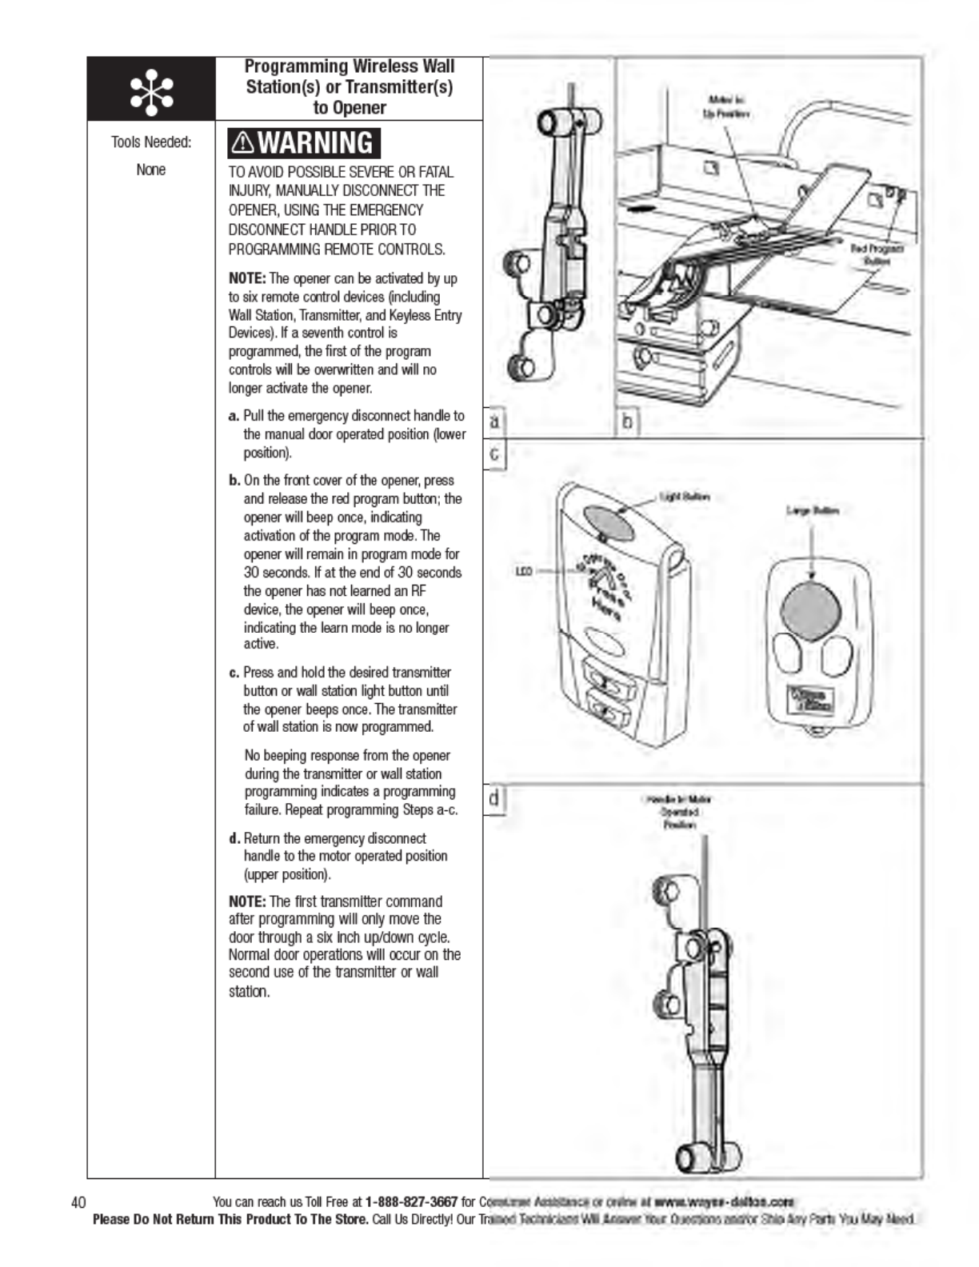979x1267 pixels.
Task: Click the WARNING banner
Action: (304, 143)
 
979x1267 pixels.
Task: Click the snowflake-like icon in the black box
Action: (151, 90)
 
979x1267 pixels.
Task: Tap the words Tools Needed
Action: (151, 142)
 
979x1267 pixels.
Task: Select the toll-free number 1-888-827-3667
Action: (411, 1201)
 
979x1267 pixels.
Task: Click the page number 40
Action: (78, 1202)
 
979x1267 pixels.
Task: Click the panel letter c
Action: (495, 455)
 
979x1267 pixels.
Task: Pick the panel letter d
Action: (495, 798)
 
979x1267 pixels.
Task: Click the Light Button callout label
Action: (684, 497)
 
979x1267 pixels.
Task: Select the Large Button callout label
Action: (813, 510)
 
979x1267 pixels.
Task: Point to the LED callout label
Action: (524, 571)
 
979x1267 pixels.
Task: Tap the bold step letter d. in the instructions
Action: (234, 838)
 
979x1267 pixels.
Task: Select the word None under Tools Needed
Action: (151, 170)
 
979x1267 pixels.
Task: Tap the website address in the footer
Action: (723, 1201)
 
